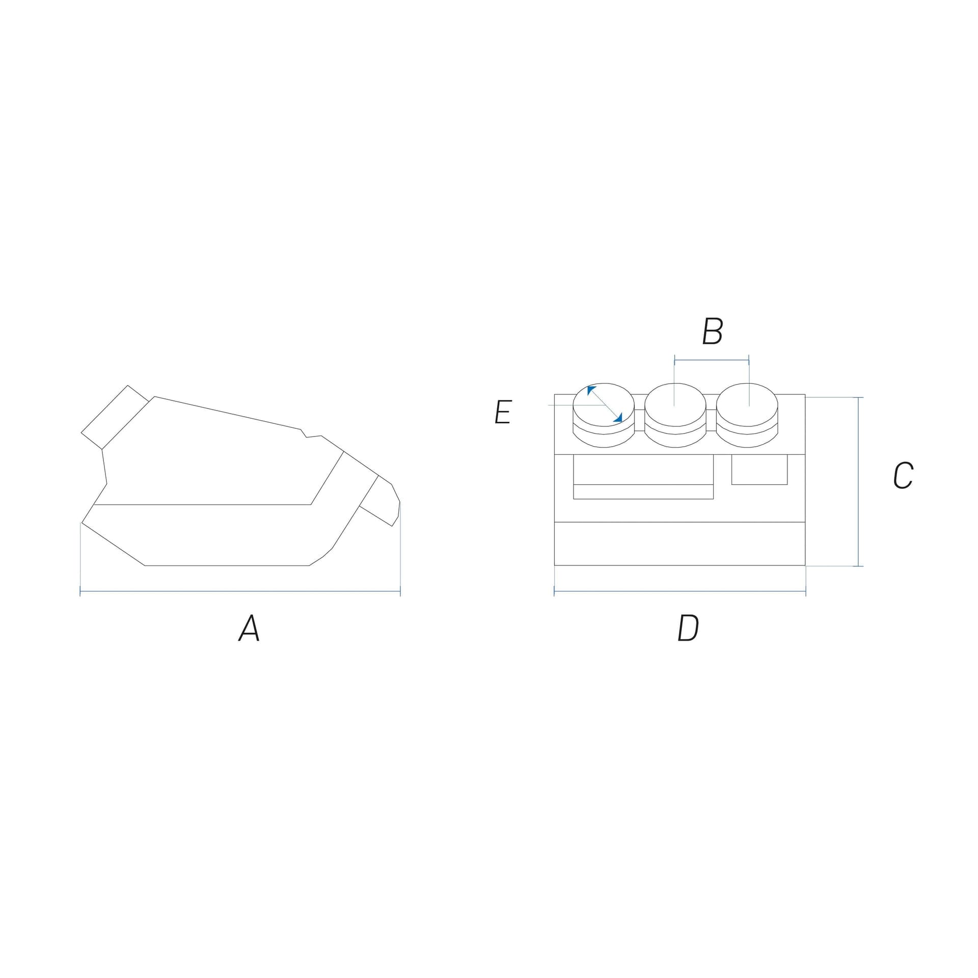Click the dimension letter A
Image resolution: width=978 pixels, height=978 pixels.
249,628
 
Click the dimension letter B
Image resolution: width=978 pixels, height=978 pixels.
712,331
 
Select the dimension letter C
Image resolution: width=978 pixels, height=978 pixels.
903,476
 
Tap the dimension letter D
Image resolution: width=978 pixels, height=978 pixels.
688,628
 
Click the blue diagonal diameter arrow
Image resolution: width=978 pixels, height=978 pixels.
605,404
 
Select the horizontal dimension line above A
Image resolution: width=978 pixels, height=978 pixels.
240,591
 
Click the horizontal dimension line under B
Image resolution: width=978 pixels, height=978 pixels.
712,361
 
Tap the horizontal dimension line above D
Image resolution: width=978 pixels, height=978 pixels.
680,591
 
